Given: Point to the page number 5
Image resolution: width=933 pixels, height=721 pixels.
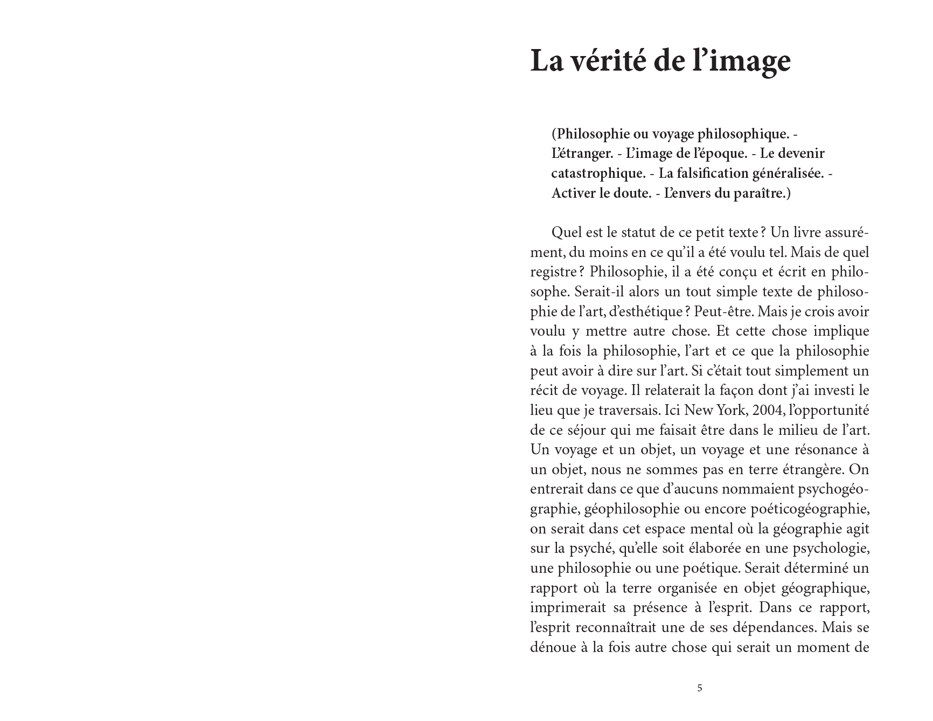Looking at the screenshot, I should click(x=700, y=688).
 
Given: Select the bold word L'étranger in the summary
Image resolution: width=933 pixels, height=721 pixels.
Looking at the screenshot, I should click(x=582, y=154).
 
